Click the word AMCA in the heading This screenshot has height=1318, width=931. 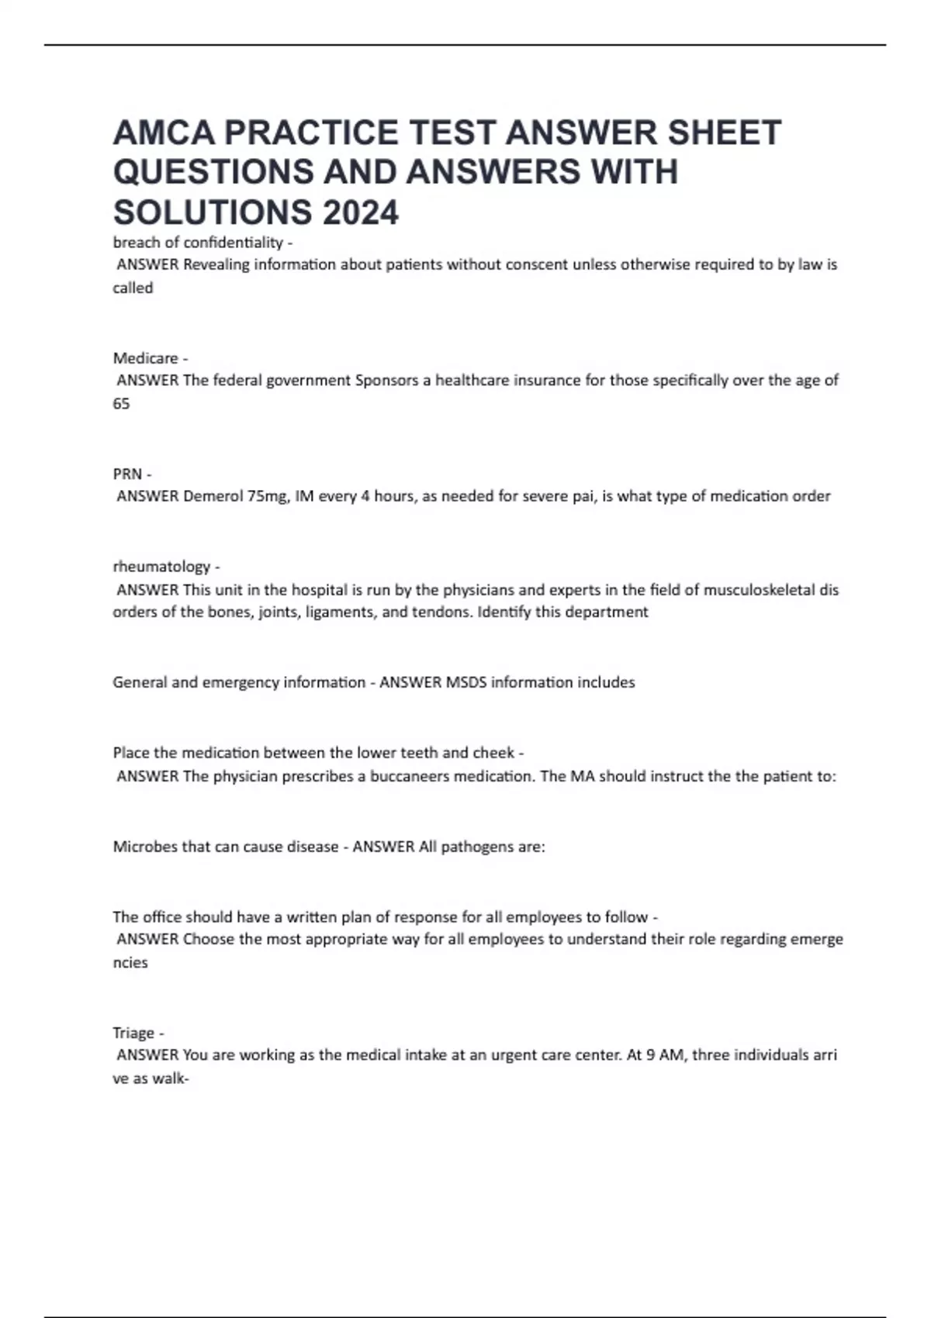pos(163,133)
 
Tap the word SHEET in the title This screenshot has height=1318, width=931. pos(725,133)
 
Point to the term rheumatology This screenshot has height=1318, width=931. pos(161,567)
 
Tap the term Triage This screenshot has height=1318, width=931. pos(133,1033)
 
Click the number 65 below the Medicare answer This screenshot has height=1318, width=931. pos(121,404)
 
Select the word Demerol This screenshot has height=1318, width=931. pos(213,496)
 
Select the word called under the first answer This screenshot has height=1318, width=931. pos(133,288)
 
